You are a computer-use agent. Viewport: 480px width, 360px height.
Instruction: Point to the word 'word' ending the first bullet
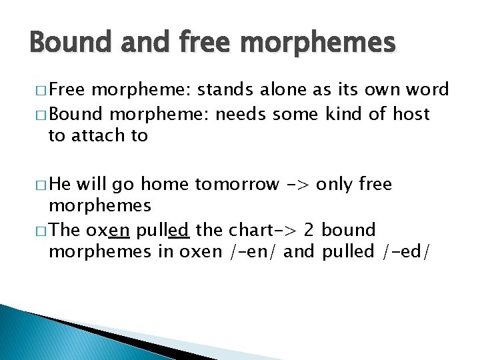(427, 90)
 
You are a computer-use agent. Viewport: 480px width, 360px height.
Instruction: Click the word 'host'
(411, 114)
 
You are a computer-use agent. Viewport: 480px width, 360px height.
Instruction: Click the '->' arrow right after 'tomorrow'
(297, 183)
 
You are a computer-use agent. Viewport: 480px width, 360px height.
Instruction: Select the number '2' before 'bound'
(309, 230)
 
